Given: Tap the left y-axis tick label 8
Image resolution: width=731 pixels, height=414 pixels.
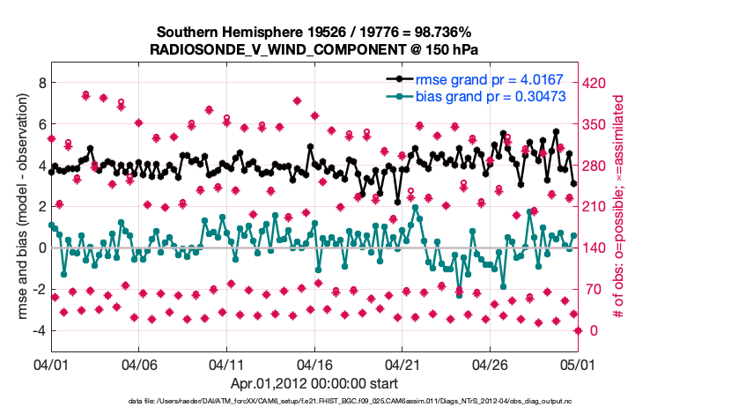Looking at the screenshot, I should pyautogui.click(x=41, y=83).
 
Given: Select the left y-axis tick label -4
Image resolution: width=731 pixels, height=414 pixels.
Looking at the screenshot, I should pyautogui.click(x=38, y=330).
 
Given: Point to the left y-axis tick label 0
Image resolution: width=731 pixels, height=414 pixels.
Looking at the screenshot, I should pyautogui.click(x=41, y=248).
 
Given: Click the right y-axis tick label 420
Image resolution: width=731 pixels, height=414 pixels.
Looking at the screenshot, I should pyautogui.click(x=597, y=83).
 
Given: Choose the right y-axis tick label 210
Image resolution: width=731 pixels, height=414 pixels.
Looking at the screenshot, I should pyautogui.click(x=597, y=207).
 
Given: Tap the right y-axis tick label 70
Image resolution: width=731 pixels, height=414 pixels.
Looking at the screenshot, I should pyautogui.click(x=594, y=289).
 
